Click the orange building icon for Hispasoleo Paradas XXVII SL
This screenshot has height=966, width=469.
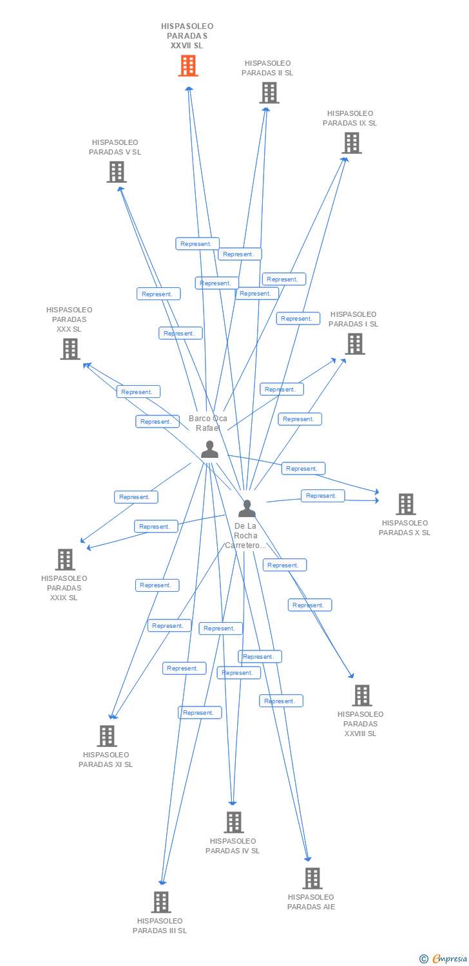tap(188, 66)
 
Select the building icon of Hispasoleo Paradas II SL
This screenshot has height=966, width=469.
tap(269, 93)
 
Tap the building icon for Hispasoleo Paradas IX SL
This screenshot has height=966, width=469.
tap(351, 143)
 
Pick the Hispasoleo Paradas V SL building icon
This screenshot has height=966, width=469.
tap(116, 172)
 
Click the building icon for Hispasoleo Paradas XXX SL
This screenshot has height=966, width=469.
tap(70, 349)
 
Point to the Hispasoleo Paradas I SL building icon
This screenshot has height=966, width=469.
tap(354, 344)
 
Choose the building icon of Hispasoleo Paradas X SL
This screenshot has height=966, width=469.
tap(405, 504)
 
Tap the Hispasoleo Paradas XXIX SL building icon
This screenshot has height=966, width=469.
tap(65, 560)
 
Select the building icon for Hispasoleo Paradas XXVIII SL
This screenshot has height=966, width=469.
tap(361, 696)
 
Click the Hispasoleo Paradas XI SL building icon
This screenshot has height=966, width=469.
tap(106, 736)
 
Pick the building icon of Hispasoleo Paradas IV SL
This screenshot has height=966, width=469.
tap(233, 822)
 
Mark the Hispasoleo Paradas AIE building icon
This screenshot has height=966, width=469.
tap(312, 878)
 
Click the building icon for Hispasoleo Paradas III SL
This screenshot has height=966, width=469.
tap(160, 902)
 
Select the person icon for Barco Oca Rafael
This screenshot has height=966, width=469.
tap(209, 449)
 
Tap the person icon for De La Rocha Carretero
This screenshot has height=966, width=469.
tap(247, 509)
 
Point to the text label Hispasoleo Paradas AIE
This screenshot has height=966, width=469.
tap(311, 902)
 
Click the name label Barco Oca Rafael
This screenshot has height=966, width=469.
tap(208, 423)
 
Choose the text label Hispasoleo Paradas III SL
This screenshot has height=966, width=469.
tap(160, 925)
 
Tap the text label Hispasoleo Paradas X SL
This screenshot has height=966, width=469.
tap(405, 527)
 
